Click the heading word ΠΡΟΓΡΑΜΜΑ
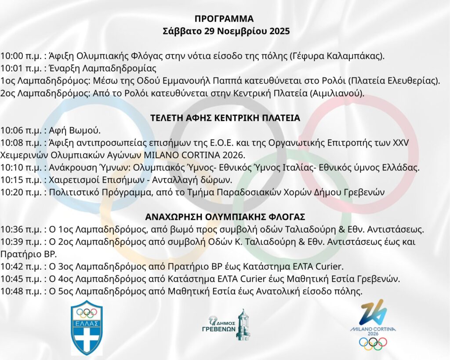225,19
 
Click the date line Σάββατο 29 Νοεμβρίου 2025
225,32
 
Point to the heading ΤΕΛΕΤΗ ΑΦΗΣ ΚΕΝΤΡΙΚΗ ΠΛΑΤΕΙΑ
225,118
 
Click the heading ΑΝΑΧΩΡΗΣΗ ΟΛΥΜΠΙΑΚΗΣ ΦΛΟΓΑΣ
225,217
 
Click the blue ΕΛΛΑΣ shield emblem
87,327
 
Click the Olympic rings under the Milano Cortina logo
373,343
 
